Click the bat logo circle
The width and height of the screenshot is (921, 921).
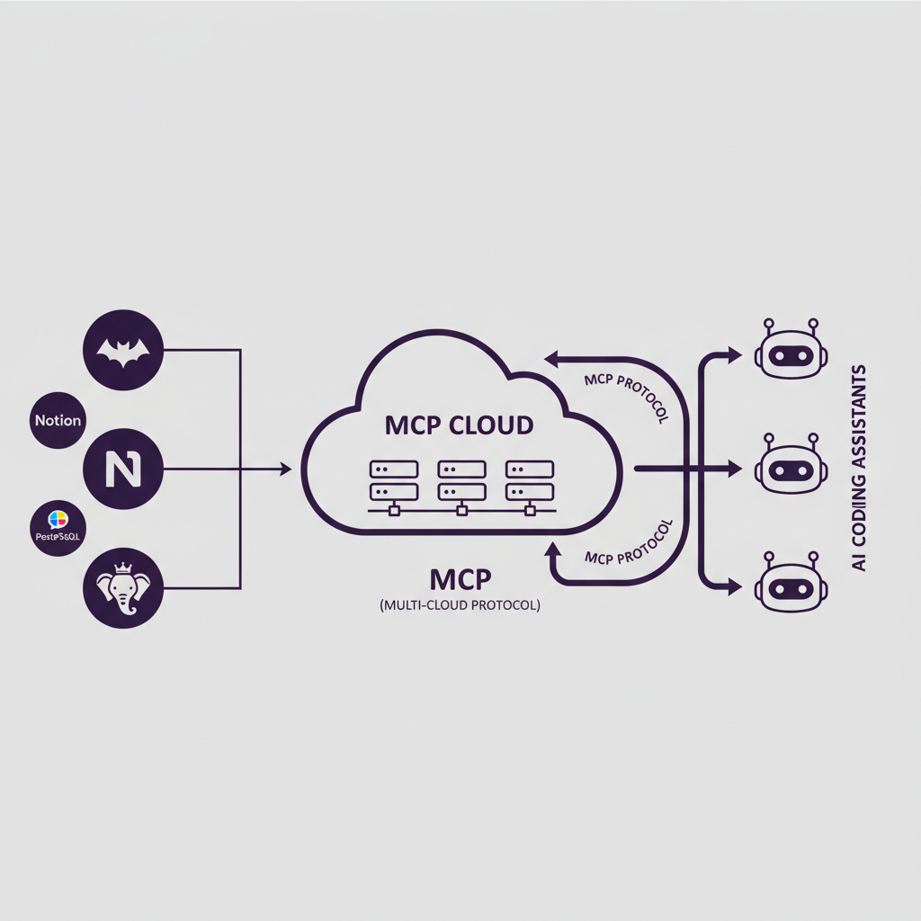[x=122, y=350]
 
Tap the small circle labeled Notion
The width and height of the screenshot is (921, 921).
[x=58, y=420]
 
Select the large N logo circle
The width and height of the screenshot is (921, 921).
[x=122, y=469]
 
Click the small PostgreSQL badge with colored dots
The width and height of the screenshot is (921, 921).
[x=58, y=527]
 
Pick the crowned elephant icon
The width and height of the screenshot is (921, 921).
[x=122, y=588]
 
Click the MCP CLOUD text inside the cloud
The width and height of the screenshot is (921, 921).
[x=459, y=424]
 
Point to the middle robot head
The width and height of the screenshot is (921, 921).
[x=789, y=467]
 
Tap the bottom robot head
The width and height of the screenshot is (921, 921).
[x=789, y=583]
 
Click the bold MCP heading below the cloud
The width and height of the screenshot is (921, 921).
[x=460, y=577]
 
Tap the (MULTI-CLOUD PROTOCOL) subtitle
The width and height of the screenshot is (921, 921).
[x=460, y=606]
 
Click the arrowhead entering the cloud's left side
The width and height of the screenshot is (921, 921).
[x=286, y=469]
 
